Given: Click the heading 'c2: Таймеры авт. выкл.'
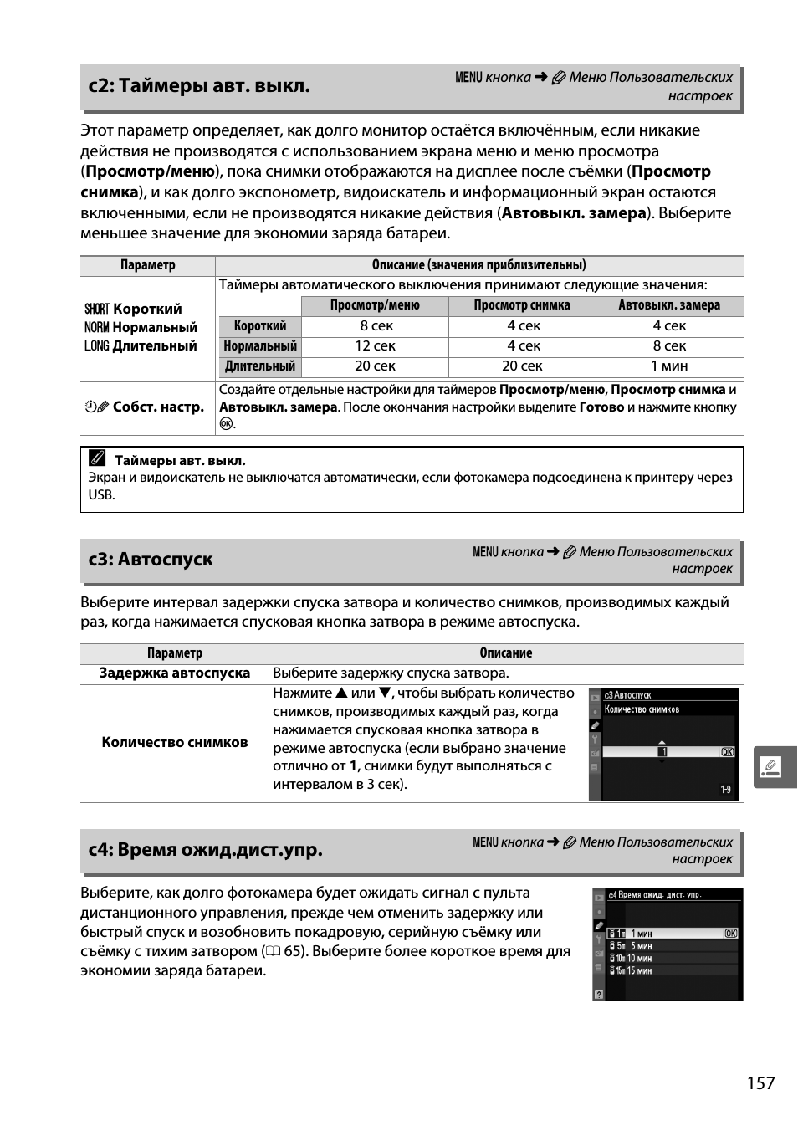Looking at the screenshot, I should point(199,85).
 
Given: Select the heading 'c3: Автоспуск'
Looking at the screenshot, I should point(151,559).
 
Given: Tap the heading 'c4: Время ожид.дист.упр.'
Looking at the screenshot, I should point(205,849).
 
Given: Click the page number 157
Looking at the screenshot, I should point(760,1082).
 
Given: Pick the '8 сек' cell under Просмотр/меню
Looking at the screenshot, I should point(376,325).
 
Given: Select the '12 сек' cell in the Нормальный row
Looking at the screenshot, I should point(375,345).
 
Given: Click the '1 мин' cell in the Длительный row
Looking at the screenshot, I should point(669,366).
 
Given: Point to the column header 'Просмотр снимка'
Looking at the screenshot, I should point(522,305).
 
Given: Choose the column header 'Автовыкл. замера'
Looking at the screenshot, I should point(669,305).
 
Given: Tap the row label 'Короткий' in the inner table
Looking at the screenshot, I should point(259,325).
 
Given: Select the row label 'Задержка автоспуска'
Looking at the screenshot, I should point(174,673).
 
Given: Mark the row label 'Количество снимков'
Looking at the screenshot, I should point(174,742).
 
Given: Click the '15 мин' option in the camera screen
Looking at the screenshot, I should point(639,970).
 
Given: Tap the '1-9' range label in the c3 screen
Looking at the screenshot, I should point(725,790).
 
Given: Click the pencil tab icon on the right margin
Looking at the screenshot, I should point(774,767).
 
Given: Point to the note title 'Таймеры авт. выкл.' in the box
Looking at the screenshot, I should point(180,460).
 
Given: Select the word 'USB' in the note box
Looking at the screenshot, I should point(100,494).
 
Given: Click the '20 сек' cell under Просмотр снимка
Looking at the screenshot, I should point(522,366).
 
